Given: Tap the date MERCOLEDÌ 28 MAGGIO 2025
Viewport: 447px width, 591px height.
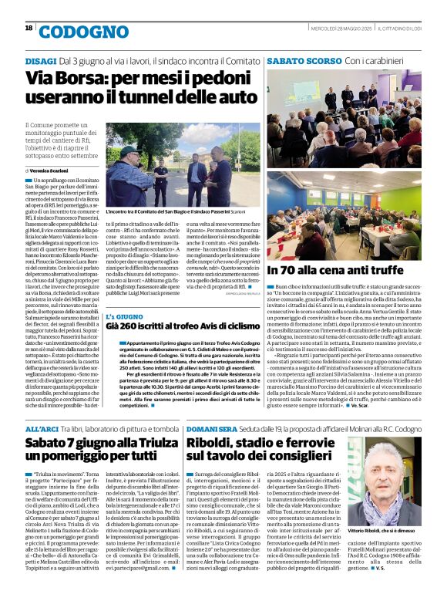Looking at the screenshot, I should coord(340,29).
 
